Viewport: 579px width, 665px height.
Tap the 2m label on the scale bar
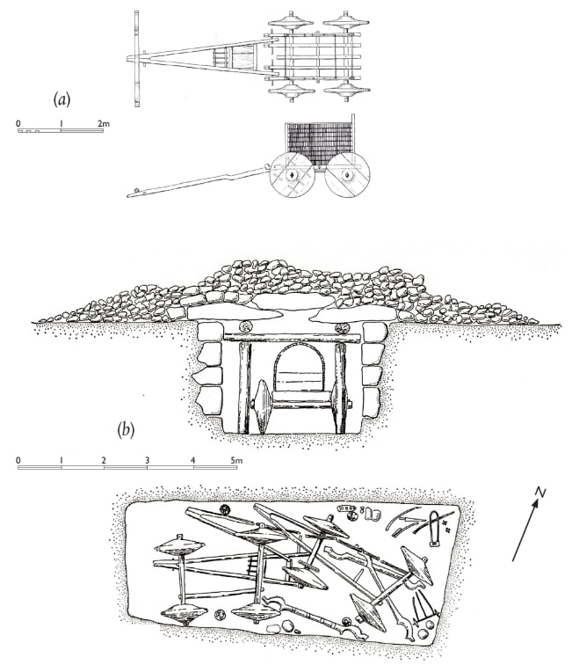coord(103,123)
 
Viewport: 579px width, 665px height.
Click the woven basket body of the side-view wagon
coord(318,140)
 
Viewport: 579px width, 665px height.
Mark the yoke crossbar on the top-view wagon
coord(136,58)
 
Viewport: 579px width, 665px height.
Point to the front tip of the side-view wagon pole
coord(130,193)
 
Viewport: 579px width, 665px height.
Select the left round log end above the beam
coord(244,328)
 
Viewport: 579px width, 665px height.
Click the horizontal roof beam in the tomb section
coord(293,338)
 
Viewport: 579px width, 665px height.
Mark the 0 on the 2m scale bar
coord(18,123)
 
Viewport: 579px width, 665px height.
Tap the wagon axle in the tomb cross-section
coord(304,405)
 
